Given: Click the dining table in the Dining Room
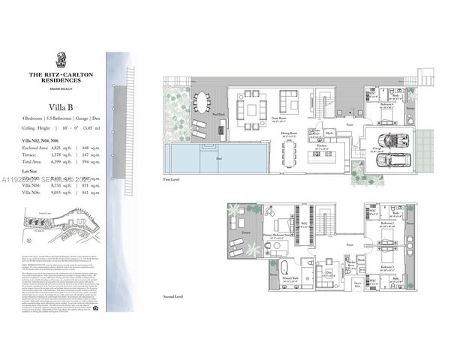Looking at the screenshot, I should (x=290, y=154).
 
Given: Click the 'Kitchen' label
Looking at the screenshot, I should (x=321, y=147).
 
